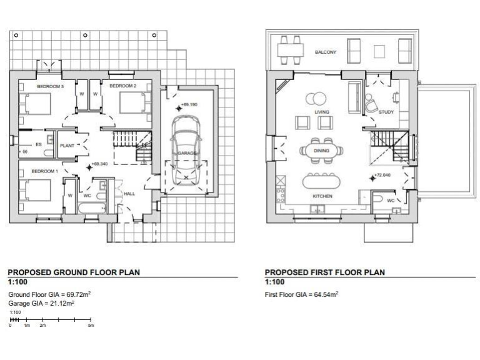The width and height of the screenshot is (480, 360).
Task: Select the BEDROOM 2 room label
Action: coord(122,86)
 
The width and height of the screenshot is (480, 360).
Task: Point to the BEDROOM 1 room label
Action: coord(44,171)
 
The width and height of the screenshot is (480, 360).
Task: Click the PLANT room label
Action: coord(67,146)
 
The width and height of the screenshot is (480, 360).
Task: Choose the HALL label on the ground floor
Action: coord(129,194)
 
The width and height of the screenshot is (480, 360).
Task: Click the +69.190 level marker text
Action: coord(189,105)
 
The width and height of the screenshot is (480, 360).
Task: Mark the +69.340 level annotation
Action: coord(99,164)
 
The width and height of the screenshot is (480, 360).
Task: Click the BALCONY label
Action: coord(325,52)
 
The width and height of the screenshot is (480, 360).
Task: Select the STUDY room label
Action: coord(386,112)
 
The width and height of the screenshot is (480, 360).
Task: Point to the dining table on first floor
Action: coord(322,150)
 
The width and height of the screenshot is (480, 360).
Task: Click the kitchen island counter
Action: coord(322,181)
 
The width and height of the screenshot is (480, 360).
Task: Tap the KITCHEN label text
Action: coord(322,196)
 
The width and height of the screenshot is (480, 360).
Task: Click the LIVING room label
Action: coord(322,112)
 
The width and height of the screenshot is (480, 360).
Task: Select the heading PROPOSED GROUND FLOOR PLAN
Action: coord(74,272)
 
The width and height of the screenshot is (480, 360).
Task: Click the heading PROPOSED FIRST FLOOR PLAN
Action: coord(325,272)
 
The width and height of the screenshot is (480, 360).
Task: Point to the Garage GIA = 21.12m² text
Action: coord(41,302)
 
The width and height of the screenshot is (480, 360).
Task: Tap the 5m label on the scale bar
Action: coord(91,326)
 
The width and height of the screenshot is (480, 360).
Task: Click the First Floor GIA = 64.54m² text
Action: coord(302,294)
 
